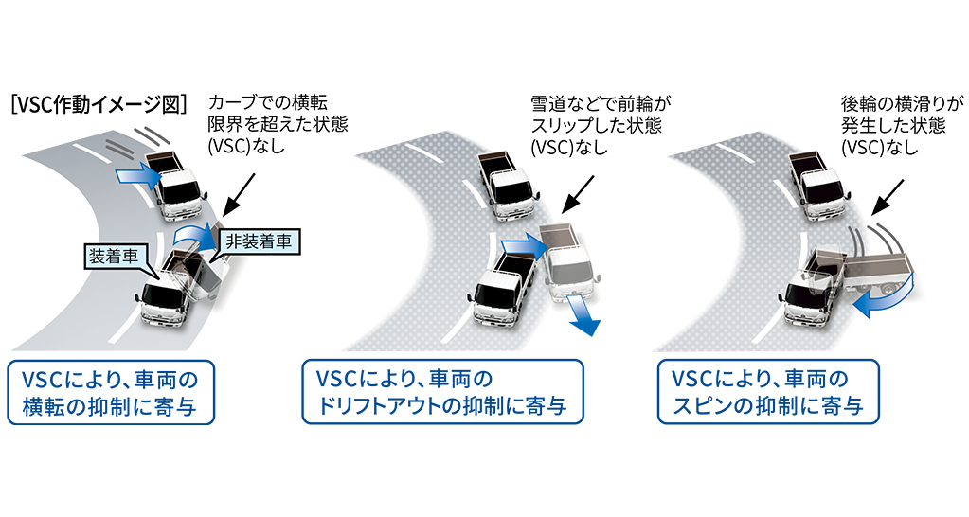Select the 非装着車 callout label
click(258, 241)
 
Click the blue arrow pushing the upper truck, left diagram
click(133, 174)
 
